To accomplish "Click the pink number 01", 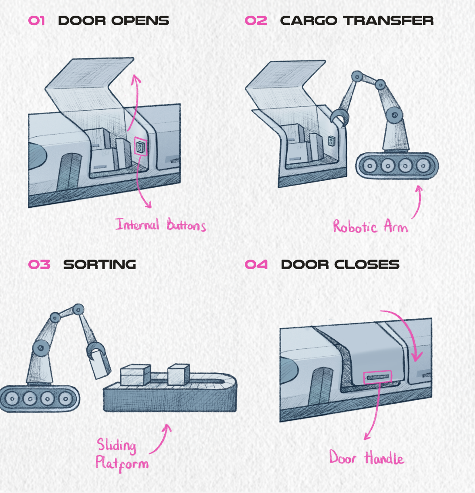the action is click(x=37, y=20).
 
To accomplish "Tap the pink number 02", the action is click(x=256, y=20).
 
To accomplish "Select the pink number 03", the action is click(x=39, y=264).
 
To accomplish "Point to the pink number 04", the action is click(x=256, y=264).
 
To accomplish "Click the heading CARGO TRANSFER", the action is click(x=356, y=20).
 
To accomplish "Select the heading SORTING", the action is click(x=100, y=264).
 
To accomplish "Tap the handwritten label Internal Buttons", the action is click(x=160, y=225).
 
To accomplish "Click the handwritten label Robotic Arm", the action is click(x=370, y=226).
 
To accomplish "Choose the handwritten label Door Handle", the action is click(x=366, y=458).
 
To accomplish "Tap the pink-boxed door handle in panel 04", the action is click(x=377, y=377).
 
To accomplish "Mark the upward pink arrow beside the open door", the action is click(x=135, y=100).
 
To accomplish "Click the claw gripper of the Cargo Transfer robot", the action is click(x=339, y=118).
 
